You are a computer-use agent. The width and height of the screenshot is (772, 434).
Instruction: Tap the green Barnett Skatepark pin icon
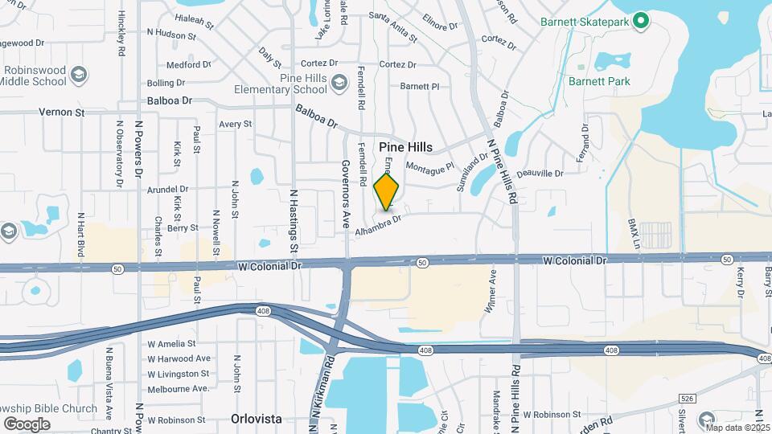[x=641, y=20]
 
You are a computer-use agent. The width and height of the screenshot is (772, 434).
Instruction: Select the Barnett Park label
[x=599, y=81]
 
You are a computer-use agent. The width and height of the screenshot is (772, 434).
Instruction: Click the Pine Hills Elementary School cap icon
[x=339, y=82]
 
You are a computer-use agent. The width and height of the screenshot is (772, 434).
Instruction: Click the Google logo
[x=27, y=424]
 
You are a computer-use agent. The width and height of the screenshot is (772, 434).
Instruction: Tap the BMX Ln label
[x=634, y=231]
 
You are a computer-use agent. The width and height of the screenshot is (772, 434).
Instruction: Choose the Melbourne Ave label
[x=179, y=389]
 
